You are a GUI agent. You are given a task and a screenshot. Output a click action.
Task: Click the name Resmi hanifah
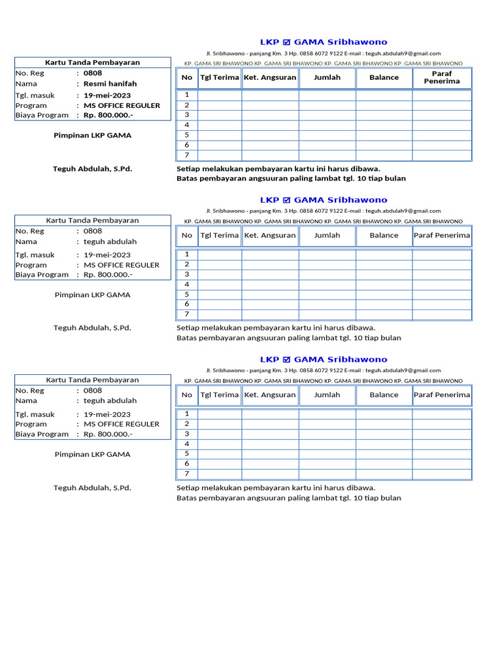click(110, 84)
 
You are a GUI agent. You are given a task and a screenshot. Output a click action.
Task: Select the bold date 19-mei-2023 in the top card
click(107, 95)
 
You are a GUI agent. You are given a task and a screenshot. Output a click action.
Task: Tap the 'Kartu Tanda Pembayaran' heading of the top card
click(92, 62)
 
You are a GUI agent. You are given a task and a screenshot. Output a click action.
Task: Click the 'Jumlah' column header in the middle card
click(327, 236)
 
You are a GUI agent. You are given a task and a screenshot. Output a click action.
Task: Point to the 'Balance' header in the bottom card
click(384, 395)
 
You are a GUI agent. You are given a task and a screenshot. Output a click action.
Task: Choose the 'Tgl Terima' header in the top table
click(220, 77)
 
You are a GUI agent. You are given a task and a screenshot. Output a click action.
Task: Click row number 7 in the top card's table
click(187, 155)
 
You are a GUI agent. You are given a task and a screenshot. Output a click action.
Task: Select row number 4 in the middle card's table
click(187, 285)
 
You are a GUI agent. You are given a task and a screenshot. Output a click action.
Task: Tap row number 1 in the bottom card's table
click(187, 414)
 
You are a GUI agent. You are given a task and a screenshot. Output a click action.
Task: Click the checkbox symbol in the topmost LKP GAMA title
click(286, 43)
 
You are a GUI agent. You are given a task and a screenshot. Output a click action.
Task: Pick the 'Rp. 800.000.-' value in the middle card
click(108, 275)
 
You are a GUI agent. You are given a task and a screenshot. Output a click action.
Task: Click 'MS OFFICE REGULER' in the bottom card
click(122, 424)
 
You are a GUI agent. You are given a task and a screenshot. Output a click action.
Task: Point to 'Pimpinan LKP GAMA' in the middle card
click(92, 295)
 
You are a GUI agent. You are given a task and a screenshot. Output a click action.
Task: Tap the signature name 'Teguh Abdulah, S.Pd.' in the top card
click(92, 169)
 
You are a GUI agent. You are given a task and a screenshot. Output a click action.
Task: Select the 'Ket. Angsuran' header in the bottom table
click(270, 395)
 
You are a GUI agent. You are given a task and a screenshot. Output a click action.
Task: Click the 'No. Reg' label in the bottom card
click(30, 391)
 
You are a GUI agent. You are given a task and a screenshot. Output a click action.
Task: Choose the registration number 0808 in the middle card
click(93, 231)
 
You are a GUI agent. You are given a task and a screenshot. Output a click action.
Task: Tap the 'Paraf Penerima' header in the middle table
click(442, 236)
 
